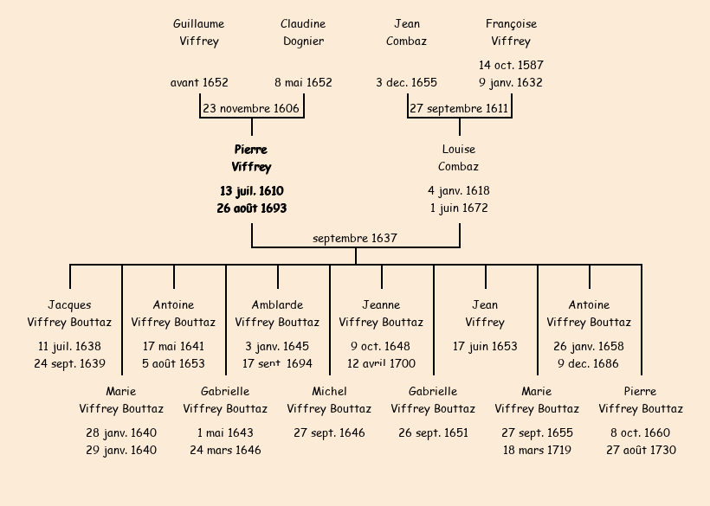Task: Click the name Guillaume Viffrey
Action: coord(199,33)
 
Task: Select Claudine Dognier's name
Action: coord(303,33)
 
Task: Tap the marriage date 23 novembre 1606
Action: coord(251,109)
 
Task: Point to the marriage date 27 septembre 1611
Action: coord(459,109)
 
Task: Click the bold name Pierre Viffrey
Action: coord(251,158)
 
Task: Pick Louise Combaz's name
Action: coord(459,158)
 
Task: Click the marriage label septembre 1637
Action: coord(355,238)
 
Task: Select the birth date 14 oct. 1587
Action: coord(511,66)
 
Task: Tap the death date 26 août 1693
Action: coord(251,208)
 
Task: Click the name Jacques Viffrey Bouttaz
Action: coord(69,314)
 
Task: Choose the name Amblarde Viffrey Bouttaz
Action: coord(277,314)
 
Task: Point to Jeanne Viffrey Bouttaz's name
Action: coord(381,314)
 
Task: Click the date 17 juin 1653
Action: coord(485,347)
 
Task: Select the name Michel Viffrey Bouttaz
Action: coord(329,400)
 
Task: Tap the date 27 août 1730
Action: coord(641,451)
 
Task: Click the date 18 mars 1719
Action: coord(537,451)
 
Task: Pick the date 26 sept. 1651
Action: coord(433,433)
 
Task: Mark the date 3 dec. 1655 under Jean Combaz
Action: coord(407,83)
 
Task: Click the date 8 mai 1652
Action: coord(303,83)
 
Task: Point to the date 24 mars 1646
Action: coord(225,451)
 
